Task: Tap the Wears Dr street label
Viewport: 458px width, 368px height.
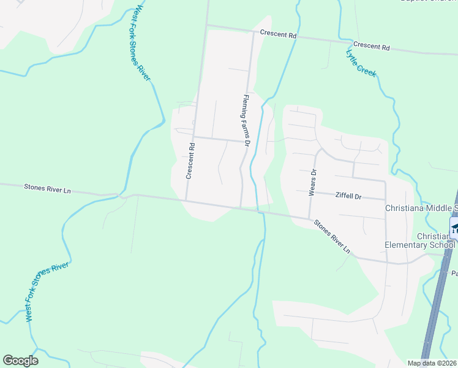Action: point(312,183)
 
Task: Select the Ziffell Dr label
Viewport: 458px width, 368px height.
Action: point(350,196)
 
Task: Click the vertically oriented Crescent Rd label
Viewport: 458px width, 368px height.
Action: point(190,161)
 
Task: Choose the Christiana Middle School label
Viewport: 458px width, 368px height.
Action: point(420,208)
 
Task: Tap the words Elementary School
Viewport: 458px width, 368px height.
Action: point(419,245)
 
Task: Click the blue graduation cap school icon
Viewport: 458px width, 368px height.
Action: point(454,229)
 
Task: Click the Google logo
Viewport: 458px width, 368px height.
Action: point(20,361)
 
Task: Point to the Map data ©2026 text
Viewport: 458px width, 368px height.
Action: point(432,363)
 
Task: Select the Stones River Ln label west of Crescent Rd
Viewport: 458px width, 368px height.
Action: point(47,189)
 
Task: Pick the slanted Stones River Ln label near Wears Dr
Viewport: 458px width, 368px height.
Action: point(332,236)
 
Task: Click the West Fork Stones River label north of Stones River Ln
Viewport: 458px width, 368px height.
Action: point(141,42)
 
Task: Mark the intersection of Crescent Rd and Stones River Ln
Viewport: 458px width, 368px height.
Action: point(186,200)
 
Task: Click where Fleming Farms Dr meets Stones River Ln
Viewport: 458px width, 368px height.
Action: point(241,207)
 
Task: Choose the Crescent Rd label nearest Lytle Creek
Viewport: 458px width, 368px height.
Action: point(371,47)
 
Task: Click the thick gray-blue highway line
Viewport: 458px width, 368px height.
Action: point(438,307)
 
